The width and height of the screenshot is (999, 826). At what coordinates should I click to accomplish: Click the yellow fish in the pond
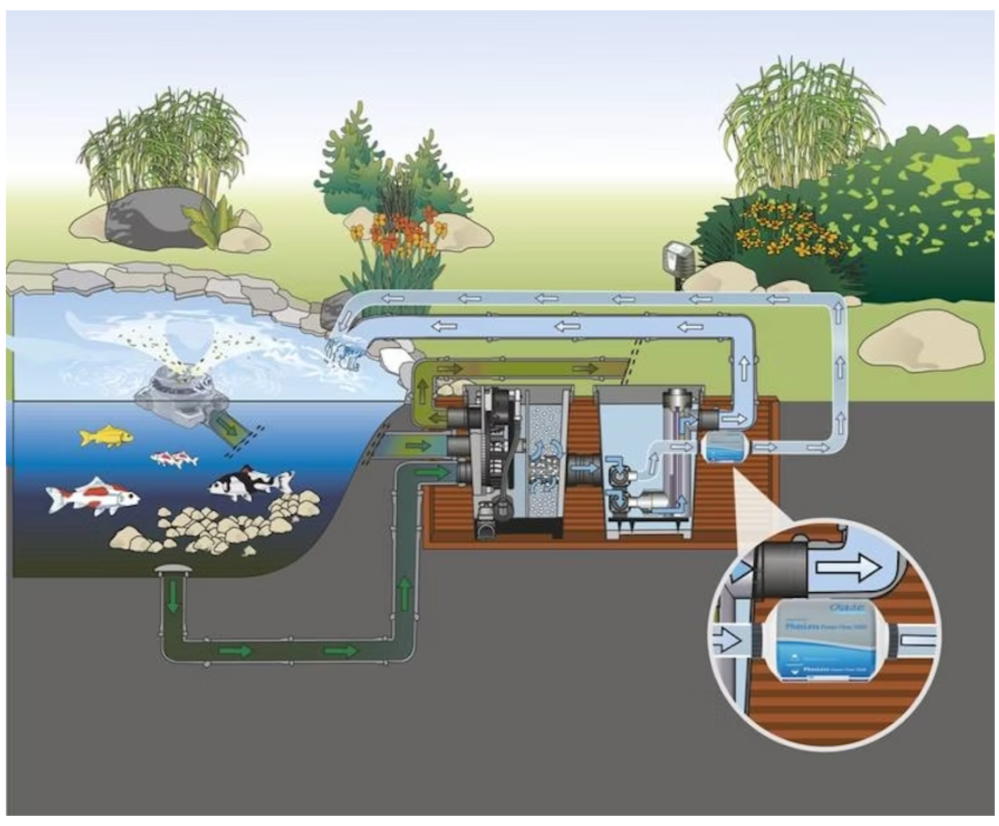(105, 436)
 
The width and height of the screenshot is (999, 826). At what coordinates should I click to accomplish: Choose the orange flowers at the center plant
(404, 232)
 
